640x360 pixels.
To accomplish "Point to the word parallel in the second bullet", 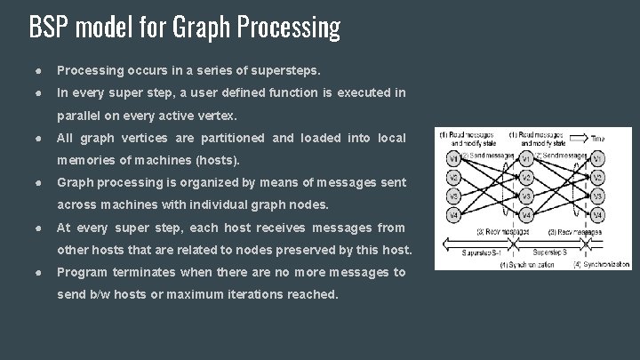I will pos(82,116).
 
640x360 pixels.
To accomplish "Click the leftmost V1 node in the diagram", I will pos(454,159).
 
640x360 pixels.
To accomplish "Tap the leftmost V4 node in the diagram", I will pos(454,215).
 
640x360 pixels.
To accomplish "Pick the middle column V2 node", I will pos(526,177).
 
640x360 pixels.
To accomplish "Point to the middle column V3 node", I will pos(526,196).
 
